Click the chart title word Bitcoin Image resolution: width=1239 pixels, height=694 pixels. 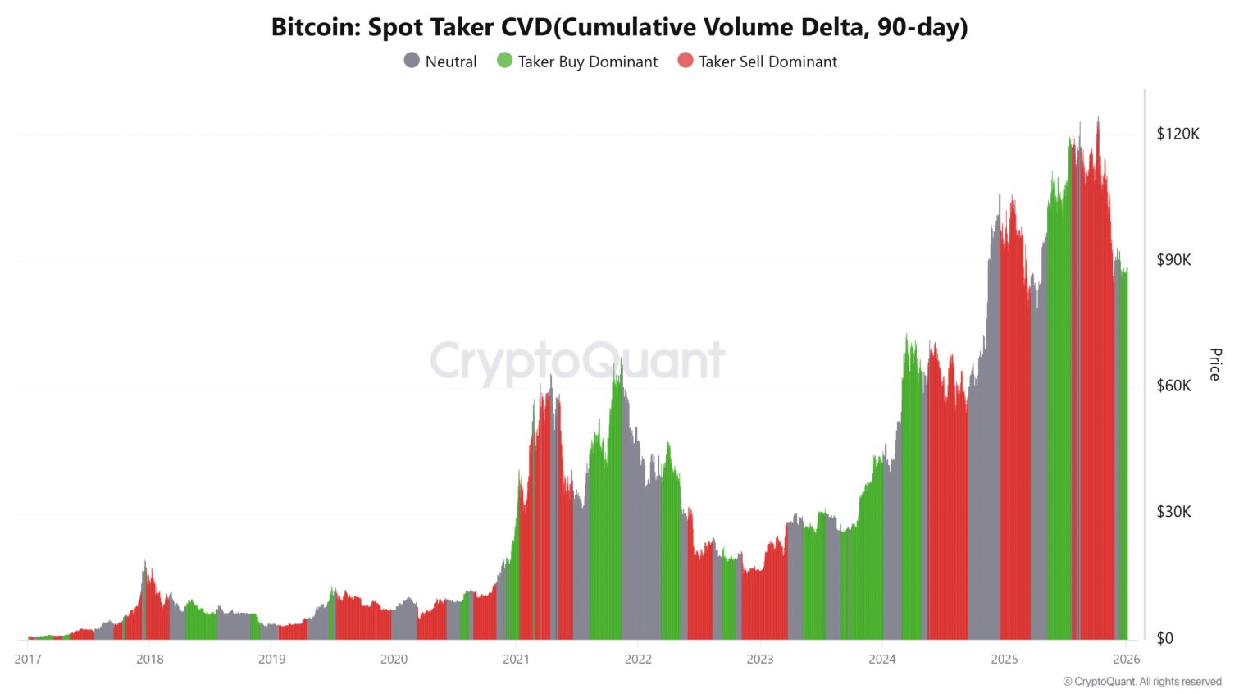point(314,28)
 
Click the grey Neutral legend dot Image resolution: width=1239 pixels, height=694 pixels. point(412,60)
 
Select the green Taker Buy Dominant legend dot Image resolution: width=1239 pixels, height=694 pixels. point(504,60)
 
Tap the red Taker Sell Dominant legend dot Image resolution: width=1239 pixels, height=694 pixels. point(686,60)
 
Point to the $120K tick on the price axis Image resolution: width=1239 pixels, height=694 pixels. point(1178,134)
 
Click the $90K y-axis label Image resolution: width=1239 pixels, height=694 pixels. point(1173,260)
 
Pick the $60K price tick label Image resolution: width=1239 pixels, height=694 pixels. point(1173,386)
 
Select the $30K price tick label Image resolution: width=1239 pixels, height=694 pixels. point(1173,512)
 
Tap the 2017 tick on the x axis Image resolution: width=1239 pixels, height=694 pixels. point(28,659)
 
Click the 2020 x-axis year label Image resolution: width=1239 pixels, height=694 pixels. point(394,659)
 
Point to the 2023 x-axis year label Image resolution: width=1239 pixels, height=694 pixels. point(760,659)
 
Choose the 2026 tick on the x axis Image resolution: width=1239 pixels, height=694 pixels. point(1126,659)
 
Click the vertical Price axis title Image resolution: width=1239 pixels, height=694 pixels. point(1215,364)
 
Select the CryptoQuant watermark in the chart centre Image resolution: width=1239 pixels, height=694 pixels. point(578,361)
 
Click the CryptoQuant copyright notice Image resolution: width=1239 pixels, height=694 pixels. point(1142,682)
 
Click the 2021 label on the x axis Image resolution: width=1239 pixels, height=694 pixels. point(516,659)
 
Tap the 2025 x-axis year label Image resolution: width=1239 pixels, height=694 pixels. point(1004,659)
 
